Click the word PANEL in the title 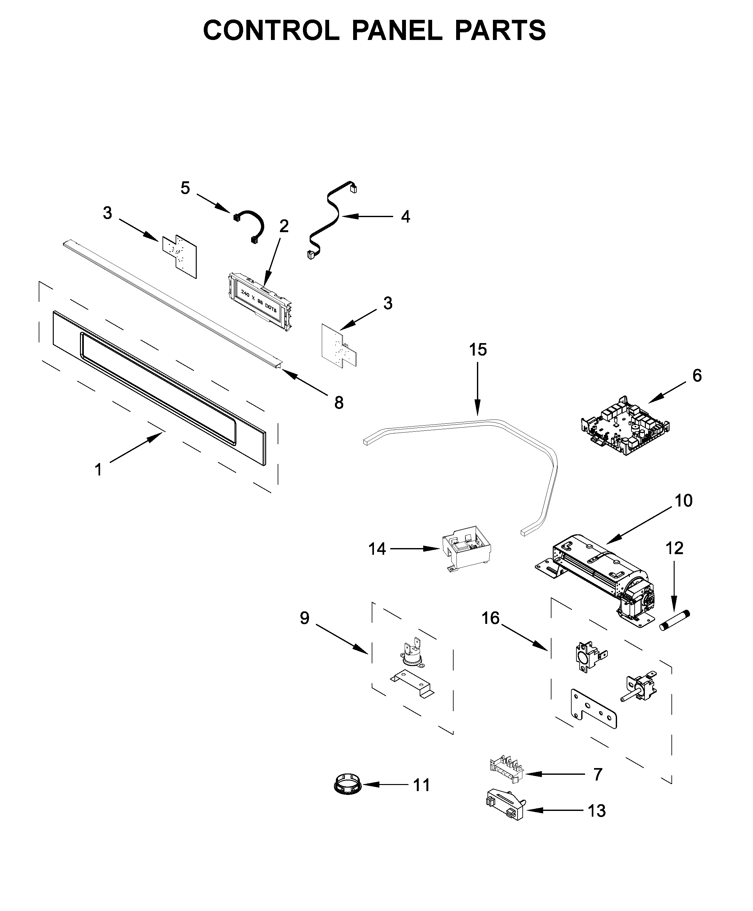point(396,31)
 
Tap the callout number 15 point(478,349)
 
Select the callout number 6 point(697,375)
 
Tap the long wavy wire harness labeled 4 point(331,219)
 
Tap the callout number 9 point(305,618)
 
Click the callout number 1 point(99,470)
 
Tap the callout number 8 point(339,403)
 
